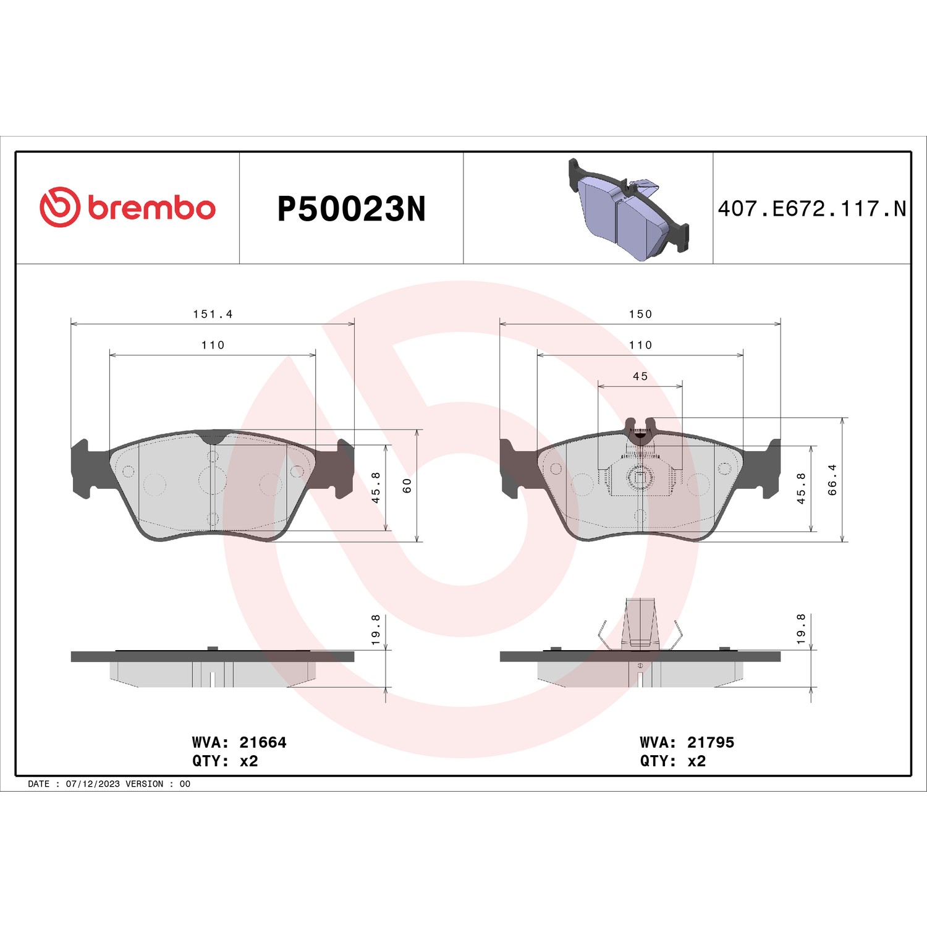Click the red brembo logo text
(x=152, y=208)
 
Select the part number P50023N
(x=352, y=209)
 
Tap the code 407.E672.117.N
(x=811, y=209)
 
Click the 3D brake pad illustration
(x=629, y=210)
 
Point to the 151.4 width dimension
(x=213, y=314)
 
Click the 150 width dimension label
(x=640, y=314)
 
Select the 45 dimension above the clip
(x=640, y=376)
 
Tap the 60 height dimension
(x=407, y=486)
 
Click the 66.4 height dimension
(x=832, y=480)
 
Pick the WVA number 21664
(x=263, y=742)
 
